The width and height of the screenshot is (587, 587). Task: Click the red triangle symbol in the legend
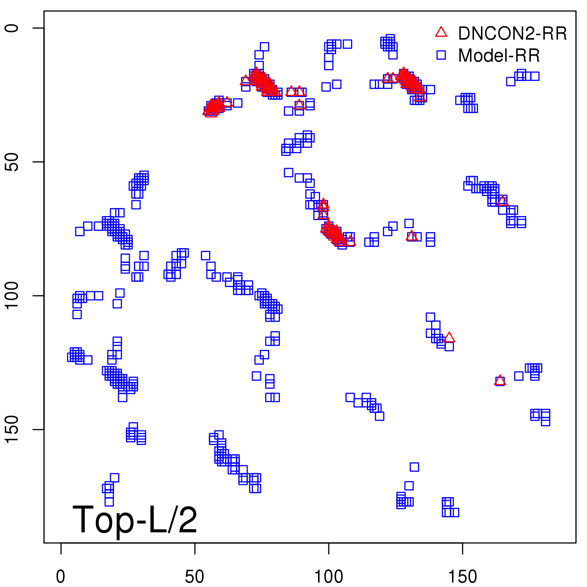click(441, 32)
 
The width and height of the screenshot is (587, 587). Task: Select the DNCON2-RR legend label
click(512, 33)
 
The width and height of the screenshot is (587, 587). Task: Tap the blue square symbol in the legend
click(441, 55)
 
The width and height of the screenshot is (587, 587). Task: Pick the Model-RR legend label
click(499, 55)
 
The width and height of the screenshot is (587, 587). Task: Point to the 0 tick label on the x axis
click(61, 577)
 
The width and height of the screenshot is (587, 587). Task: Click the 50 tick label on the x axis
click(194, 577)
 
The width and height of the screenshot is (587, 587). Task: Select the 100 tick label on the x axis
click(329, 577)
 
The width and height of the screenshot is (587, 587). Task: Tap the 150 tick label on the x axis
click(463, 577)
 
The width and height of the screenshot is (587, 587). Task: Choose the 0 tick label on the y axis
click(12, 28)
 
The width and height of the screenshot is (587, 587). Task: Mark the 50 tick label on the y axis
click(12, 162)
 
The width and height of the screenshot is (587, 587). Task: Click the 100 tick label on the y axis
click(12, 296)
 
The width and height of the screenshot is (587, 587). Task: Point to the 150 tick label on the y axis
click(12, 430)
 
